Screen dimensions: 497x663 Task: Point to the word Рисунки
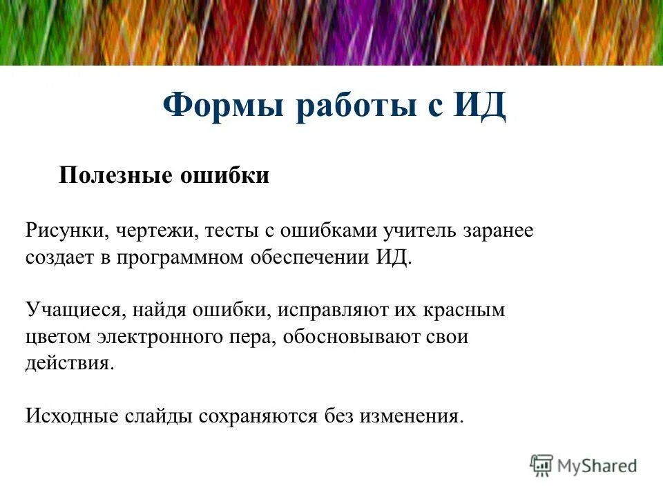(x=61, y=231)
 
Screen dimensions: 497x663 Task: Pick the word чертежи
(x=153, y=231)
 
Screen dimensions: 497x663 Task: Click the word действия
(x=69, y=364)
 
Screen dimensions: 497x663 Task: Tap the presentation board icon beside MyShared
(x=542, y=466)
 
